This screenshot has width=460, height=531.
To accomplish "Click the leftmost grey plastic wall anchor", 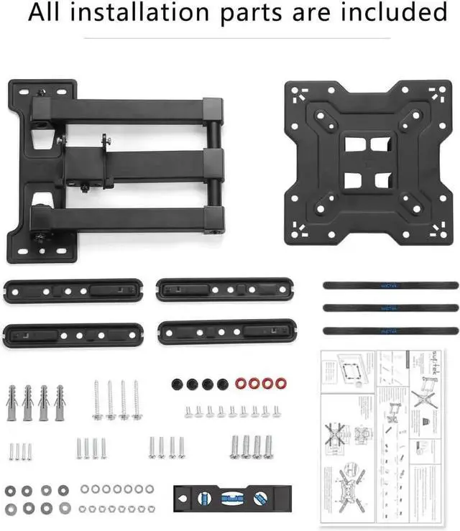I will pos(12,402).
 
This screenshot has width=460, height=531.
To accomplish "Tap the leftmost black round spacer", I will pos(178,384).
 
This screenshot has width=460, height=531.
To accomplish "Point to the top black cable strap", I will pos(390,285).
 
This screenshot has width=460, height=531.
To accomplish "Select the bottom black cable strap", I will pos(390,330).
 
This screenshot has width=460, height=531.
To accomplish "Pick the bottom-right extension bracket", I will pos(229,333).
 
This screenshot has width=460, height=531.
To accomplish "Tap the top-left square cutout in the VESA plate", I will pos(354,144).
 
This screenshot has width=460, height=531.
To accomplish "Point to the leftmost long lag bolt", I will pos(96,400).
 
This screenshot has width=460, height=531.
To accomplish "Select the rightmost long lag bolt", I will pos(137,400).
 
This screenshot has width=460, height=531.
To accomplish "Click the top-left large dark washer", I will pos(10,491).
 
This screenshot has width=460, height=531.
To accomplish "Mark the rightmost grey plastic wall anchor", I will pos(60,402).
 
